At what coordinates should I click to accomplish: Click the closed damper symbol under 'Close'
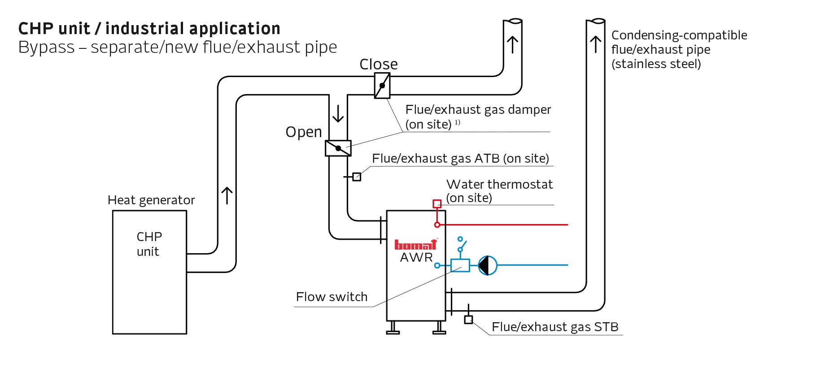click(382, 86)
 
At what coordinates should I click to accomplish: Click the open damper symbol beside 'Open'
click(338, 148)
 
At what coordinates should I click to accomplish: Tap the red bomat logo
click(415, 245)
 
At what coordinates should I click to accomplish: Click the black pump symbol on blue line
click(488, 265)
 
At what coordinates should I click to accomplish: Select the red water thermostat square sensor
click(437, 204)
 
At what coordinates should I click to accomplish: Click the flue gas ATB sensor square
click(357, 177)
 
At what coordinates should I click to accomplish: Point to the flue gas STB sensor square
click(468, 320)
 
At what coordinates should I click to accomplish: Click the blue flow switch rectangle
click(460, 265)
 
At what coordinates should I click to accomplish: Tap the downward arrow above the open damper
click(338, 114)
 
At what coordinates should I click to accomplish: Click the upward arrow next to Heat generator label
click(227, 196)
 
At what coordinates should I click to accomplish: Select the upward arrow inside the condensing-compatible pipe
click(596, 44)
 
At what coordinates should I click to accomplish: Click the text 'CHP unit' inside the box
click(149, 244)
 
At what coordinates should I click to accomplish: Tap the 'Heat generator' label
click(151, 200)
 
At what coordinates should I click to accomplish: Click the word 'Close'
click(379, 65)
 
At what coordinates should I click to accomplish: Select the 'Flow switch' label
click(332, 297)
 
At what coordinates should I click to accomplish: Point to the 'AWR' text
click(416, 258)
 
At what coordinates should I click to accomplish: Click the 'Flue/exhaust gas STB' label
click(555, 327)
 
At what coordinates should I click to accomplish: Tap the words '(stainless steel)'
click(656, 64)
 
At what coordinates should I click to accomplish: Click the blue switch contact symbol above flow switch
click(461, 245)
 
